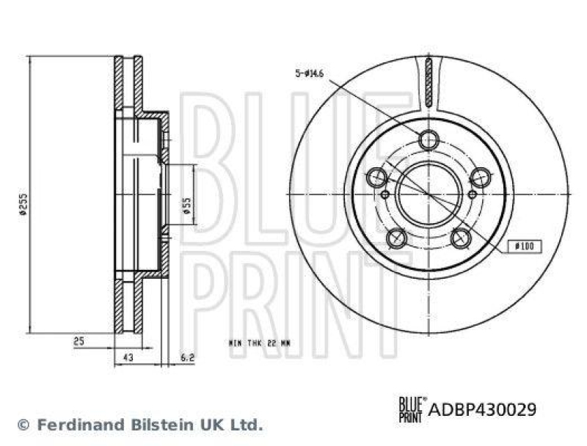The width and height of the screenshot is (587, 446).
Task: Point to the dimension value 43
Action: tap(128, 359)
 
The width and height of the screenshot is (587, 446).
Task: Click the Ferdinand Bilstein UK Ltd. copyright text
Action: tap(139, 424)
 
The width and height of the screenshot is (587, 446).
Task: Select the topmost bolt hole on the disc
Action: tap(429, 140)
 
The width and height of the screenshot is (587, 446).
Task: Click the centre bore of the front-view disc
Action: tap(429, 194)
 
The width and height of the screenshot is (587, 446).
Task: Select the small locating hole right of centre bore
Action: tap(470, 194)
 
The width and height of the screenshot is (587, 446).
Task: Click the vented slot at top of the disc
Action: tap(429, 83)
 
